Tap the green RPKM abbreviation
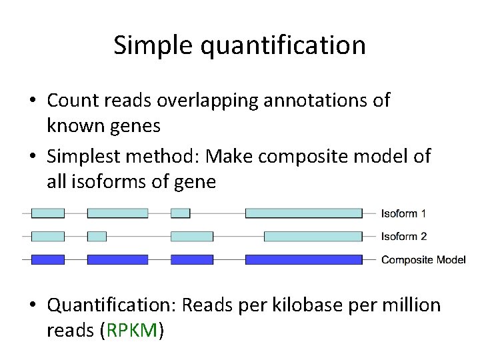pos(131,331)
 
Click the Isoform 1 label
pos(403,213)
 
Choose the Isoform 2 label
pos(403,236)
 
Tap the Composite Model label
pos(423,259)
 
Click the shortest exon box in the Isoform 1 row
pos(180,213)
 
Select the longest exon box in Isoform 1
pos(303,213)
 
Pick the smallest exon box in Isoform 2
pos(97,236)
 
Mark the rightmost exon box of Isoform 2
pos(313,236)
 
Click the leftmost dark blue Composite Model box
pos(48,259)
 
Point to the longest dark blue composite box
pos(303,259)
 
